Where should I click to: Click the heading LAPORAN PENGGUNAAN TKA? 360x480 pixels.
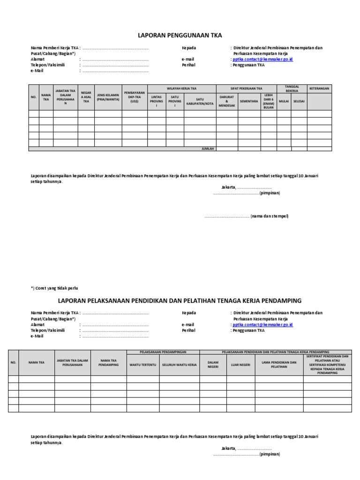(x=180, y=35)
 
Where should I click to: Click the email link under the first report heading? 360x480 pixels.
(x=263, y=60)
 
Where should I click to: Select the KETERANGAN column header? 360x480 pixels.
(x=319, y=89)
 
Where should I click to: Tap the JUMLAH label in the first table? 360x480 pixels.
(x=207, y=149)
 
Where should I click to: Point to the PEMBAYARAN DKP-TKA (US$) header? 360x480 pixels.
(x=135, y=97)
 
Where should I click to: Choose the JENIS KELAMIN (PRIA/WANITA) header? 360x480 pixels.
(x=108, y=97)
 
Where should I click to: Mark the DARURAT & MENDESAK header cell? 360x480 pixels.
(x=226, y=101)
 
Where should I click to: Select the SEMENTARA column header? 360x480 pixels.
(x=249, y=101)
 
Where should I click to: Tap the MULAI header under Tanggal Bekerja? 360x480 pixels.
(x=284, y=101)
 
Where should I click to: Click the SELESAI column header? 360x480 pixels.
(x=299, y=101)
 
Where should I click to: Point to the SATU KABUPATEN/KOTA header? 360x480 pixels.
(x=200, y=101)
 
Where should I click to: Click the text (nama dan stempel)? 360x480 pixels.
(x=270, y=216)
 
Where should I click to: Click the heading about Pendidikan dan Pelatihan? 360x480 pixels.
(x=180, y=300)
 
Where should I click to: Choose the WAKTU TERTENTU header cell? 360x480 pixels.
(x=142, y=364)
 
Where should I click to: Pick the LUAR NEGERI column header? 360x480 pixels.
(x=240, y=364)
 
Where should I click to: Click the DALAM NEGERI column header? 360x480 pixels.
(x=213, y=364)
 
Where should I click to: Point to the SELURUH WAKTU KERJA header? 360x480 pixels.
(x=180, y=364)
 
